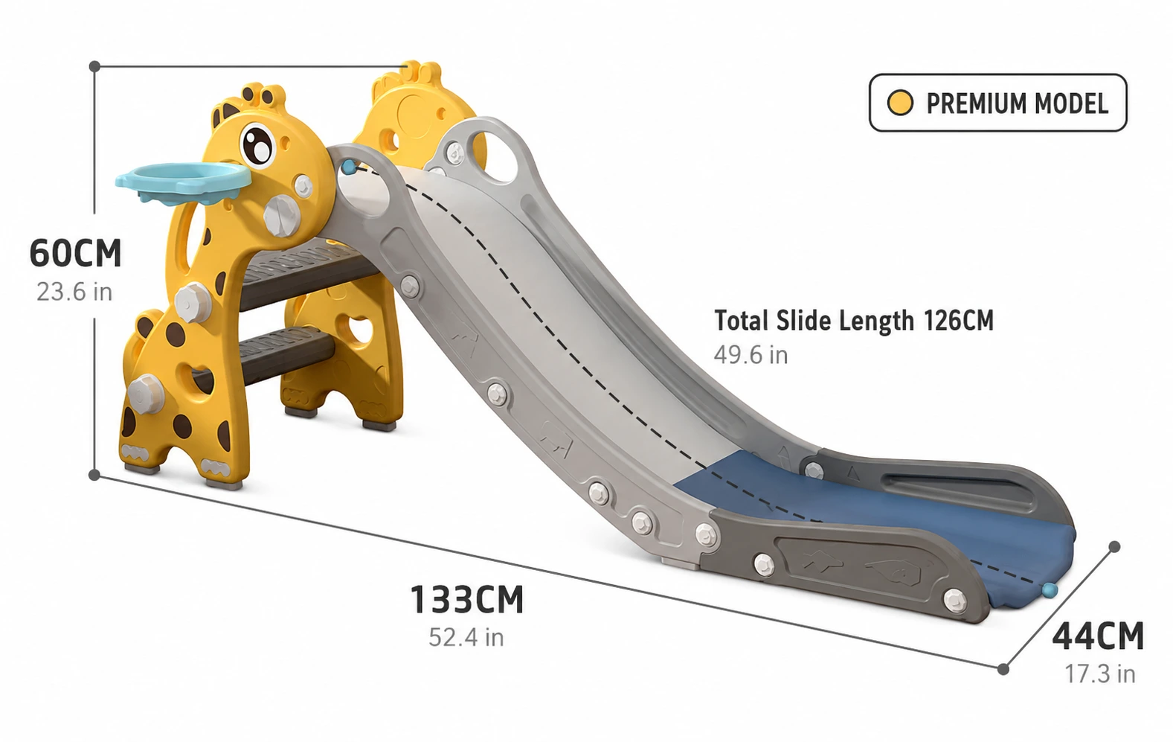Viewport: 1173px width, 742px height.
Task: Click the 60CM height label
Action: click(75, 252)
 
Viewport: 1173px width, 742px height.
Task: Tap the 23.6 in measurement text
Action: click(74, 292)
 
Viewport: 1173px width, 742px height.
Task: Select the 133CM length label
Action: click(467, 599)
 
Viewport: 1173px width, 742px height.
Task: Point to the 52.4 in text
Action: click(466, 637)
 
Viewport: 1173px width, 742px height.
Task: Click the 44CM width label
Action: click(1098, 636)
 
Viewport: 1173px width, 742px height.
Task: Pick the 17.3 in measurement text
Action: click(1099, 674)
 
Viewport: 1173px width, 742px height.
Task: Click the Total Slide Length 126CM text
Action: click(854, 321)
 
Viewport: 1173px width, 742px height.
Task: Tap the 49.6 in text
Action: click(751, 355)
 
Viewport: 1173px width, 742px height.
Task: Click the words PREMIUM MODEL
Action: click(1017, 103)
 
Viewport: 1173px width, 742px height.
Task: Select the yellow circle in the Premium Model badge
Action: click(900, 103)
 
